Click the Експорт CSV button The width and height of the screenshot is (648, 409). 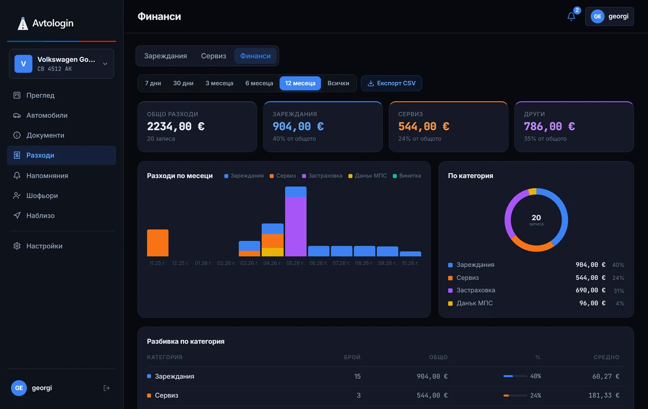(391, 84)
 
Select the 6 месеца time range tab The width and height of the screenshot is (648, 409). (259, 84)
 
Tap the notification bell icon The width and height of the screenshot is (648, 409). (571, 16)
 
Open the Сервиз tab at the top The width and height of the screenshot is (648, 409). (213, 56)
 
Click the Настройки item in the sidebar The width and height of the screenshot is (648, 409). (44, 246)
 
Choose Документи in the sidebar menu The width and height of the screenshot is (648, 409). (45, 135)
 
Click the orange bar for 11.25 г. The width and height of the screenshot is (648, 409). (158, 243)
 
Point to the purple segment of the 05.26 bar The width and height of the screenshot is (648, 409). (296, 227)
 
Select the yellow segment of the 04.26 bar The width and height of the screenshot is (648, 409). (273, 252)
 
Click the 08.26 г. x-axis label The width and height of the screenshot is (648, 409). (364, 263)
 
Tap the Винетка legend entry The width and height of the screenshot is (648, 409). (407, 176)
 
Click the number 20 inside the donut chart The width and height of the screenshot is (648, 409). (536, 217)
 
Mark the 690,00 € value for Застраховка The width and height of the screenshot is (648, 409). (590, 290)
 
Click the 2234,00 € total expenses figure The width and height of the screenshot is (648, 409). (176, 126)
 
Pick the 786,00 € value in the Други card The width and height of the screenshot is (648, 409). (549, 126)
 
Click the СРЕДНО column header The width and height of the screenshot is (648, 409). (606, 357)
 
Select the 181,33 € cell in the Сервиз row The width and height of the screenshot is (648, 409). (604, 395)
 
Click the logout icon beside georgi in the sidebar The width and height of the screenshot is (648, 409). (107, 388)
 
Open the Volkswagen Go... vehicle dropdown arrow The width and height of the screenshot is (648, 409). (105, 64)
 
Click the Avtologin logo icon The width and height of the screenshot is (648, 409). (23, 24)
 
